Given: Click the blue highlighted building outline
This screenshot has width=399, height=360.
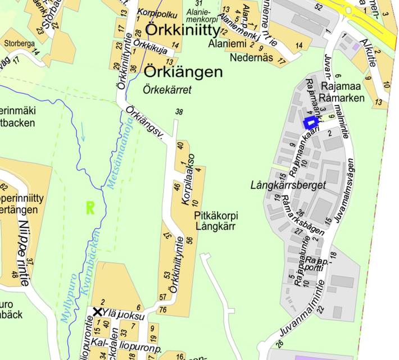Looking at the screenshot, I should [x=310, y=122].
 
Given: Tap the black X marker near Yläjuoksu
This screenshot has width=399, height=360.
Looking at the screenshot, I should [x=98, y=312].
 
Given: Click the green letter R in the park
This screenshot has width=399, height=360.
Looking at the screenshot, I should [x=89, y=208].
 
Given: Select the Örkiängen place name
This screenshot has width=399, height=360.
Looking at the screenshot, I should [x=183, y=72].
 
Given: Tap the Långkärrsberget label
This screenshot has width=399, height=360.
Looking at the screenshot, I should [x=288, y=185].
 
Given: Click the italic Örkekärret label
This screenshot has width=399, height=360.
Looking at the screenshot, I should [x=167, y=89].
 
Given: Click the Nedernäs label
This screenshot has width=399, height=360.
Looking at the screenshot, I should [x=247, y=57].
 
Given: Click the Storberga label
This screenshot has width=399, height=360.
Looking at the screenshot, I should [x=19, y=43].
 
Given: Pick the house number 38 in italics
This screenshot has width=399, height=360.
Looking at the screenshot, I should [x=179, y=111].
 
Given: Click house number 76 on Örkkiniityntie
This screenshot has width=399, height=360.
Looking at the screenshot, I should [x=162, y=309].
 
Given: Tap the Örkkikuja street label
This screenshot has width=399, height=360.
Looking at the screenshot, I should [x=152, y=49].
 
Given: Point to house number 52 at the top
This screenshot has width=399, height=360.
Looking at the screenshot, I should [x=319, y=7].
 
